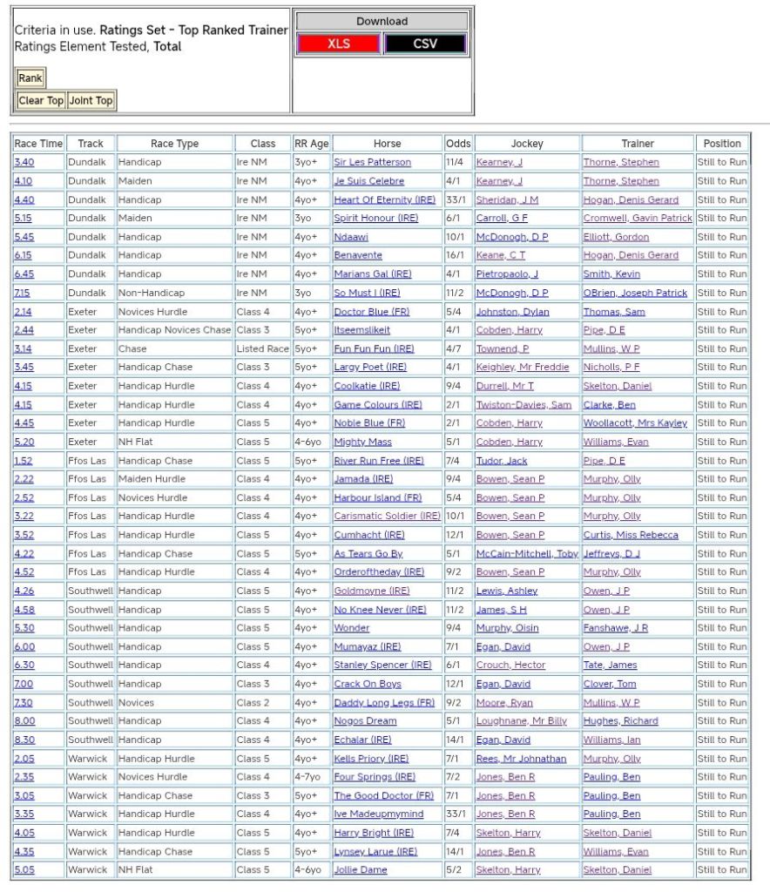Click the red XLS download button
pos(339,44)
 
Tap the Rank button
pos(30,78)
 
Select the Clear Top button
pos(41,100)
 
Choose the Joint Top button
pos(91,100)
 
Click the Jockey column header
pos(526,144)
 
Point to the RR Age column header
pos(311,144)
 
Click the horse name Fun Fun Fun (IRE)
pos(374,348)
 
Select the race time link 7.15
pos(23,293)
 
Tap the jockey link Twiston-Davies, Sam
pos(523,404)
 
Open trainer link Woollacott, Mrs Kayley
pos(635,423)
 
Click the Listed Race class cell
pos(262,348)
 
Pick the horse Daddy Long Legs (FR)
pos(384,702)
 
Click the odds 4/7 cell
pos(455,348)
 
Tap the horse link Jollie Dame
pos(361,869)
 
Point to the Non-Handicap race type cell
pos(151,293)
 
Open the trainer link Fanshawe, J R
pos(615,628)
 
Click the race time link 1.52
pos(23,461)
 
